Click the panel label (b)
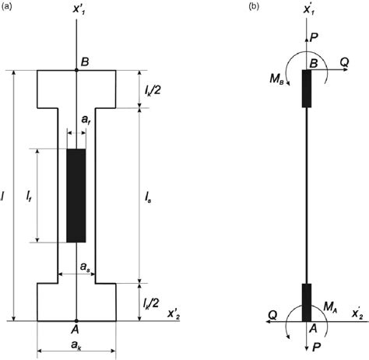pyautogui.click(x=255, y=7)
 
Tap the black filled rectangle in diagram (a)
pyautogui.click(x=76, y=195)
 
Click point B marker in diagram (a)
pyautogui.click(x=76, y=71)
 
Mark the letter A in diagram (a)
pyautogui.click(x=76, y=329)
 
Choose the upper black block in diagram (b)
pyautogui.click(x=307, y=89)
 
